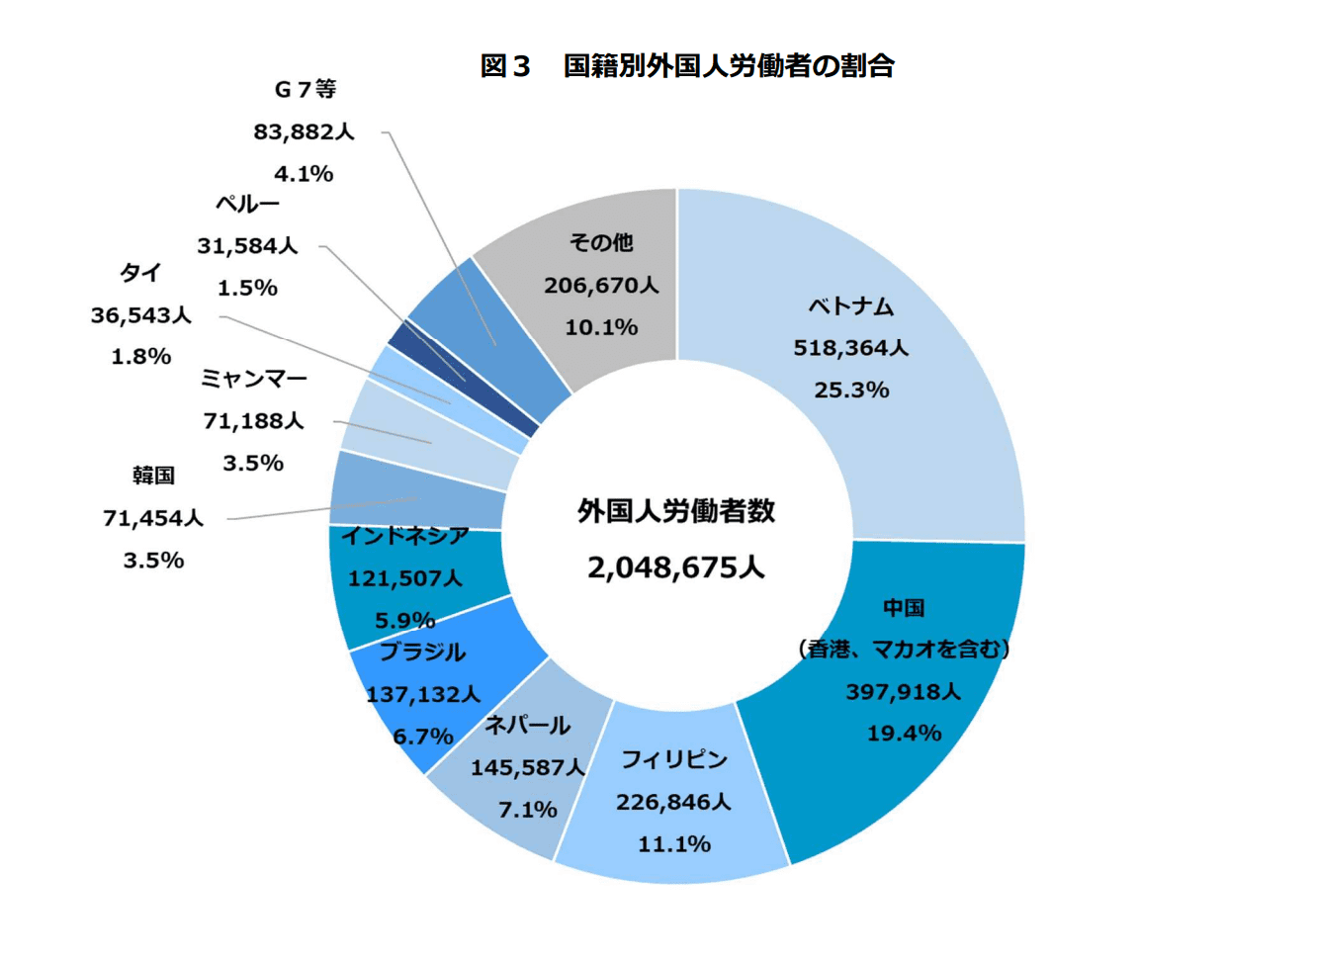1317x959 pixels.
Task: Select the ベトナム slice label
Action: [850, 306]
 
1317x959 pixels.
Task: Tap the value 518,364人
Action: [850, 348]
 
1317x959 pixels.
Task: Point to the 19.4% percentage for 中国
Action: [904, 734]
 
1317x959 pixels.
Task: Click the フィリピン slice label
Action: [674, 759]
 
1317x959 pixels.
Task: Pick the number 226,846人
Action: [673, 802]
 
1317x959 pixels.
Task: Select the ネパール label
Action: [527, 726]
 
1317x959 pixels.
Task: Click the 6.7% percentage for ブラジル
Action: [423, 737]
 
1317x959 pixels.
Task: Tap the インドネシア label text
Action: [404, 536]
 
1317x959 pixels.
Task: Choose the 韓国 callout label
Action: [153, 476]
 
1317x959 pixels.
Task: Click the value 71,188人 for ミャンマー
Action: [253, 421]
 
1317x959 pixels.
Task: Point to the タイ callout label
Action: [140, 273]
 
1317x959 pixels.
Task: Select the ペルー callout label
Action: [247, 205]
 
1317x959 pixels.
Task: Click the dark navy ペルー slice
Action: [465, 379]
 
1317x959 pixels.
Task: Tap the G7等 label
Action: [305, 90]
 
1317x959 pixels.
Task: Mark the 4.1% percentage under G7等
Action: [304, 174]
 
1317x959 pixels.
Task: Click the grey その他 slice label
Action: [601, 243]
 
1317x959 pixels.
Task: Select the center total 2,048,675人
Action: [676, 567]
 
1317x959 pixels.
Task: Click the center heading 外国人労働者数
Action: [676, 511]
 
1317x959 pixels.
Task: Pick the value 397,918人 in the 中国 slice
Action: [903, 692]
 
